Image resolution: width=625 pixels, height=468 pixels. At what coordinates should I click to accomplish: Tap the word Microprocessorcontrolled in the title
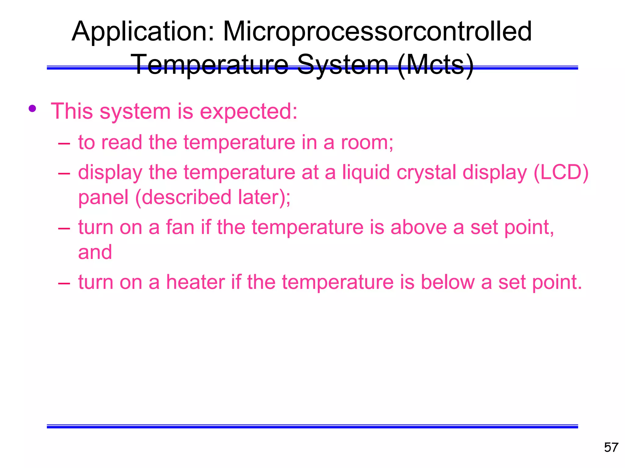click(x=378, y=32)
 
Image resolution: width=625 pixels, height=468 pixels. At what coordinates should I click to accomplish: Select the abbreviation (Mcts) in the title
click(x=436, y=65)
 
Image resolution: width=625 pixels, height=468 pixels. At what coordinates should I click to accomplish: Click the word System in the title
click(x=343, y=65)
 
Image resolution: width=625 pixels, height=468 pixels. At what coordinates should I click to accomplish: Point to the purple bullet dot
click(x=32, y=108)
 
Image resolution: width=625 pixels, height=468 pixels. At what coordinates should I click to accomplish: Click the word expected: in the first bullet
click(x=248, y=112)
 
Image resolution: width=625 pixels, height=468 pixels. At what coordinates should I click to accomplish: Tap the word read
click(x=121, y=142)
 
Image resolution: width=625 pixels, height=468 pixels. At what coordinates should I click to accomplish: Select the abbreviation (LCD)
click(x=561, y=172)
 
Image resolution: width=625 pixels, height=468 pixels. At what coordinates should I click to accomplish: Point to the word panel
click(x=103, y=197)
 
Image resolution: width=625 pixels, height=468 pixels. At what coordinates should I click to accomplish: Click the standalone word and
click(x=95, y=252)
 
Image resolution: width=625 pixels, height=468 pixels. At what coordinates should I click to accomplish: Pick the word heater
click(x=195, y=282)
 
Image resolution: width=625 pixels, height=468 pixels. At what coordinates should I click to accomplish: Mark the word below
click(x=447, y=282)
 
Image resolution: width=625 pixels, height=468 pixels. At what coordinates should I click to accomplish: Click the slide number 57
click(x=611, y=448)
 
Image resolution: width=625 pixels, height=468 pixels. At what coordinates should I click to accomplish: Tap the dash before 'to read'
click(x=64, y=143)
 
